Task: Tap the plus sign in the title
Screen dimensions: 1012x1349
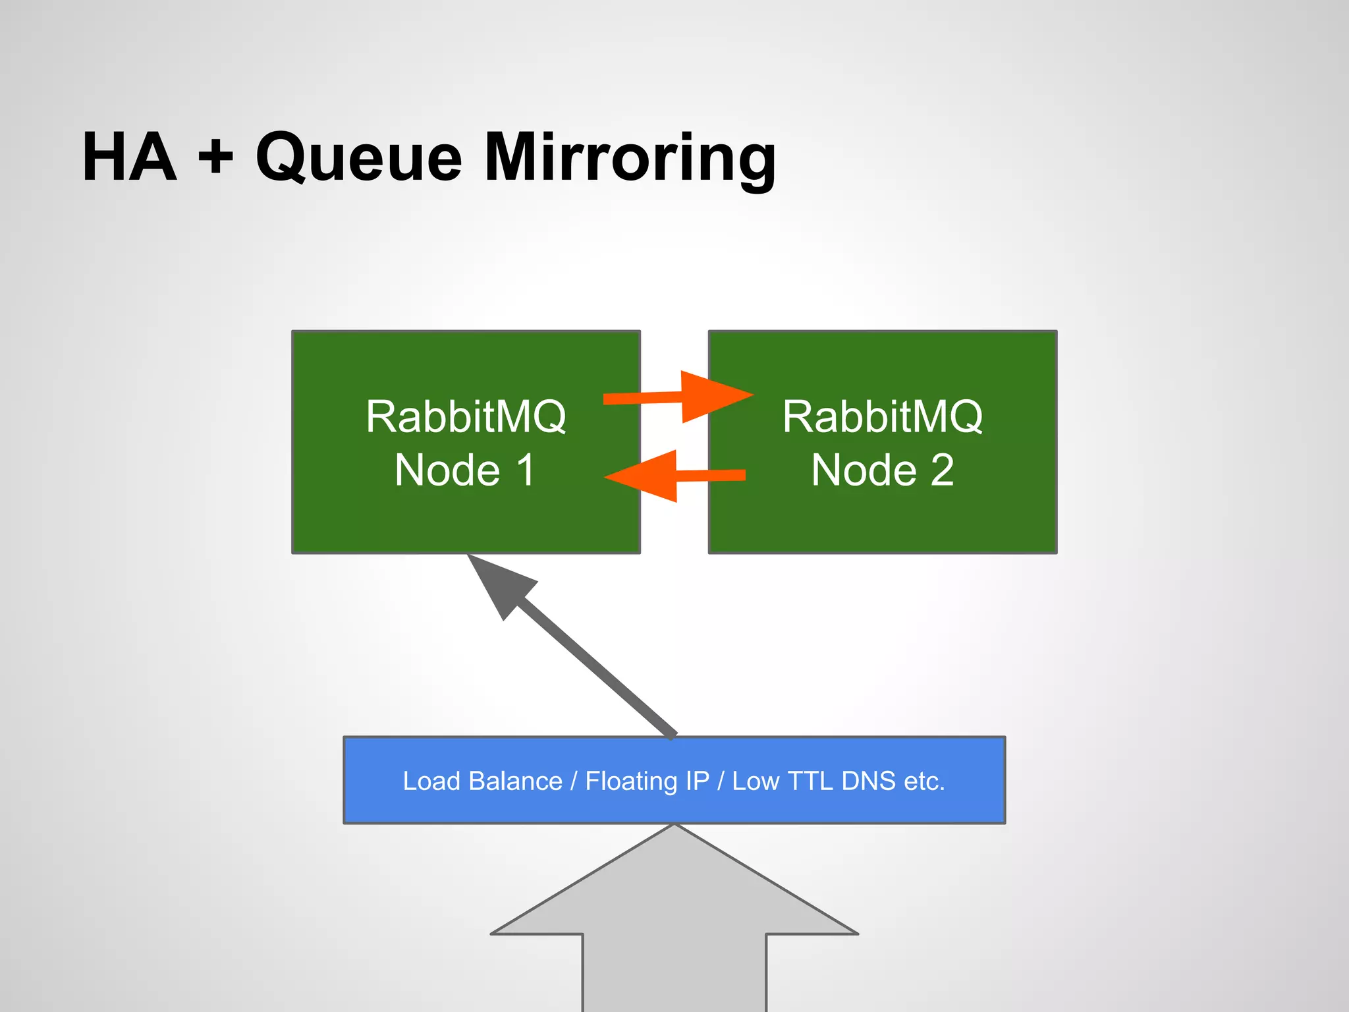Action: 216,158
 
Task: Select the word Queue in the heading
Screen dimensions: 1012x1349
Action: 359,158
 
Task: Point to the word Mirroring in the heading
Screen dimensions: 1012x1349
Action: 630,158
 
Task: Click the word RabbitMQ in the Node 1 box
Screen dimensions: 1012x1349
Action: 466,416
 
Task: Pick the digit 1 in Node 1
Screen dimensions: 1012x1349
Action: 526,470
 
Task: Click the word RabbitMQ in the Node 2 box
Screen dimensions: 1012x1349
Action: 883,416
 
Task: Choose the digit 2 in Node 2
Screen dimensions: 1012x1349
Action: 942,470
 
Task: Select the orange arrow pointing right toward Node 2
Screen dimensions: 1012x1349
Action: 685,397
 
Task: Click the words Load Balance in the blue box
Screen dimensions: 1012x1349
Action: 482,781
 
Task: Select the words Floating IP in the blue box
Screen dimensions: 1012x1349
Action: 647,781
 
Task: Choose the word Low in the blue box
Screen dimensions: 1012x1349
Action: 756,781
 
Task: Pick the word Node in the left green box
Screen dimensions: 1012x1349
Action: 448,470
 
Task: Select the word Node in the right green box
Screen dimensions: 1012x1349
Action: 864,470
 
